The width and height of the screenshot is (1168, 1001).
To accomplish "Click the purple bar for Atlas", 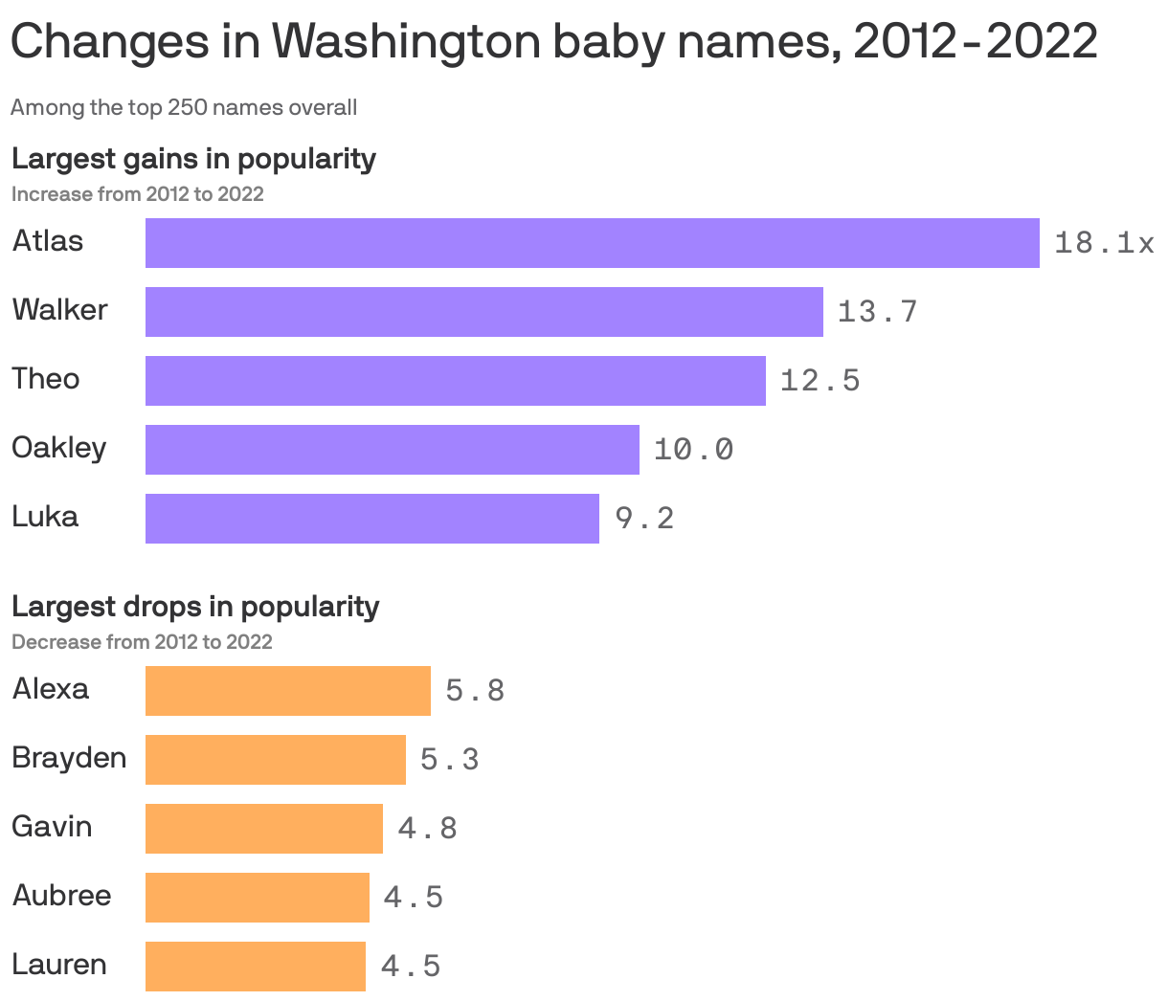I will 592,243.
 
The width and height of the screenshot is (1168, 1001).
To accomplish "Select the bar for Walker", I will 483,312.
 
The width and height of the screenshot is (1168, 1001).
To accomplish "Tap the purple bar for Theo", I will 455,381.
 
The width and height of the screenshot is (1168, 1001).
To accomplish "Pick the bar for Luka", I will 371,519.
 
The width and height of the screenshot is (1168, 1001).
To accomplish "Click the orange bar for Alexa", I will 287,691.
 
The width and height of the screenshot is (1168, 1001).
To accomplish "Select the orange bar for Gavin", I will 263,829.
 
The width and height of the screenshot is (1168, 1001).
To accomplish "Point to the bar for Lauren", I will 255,967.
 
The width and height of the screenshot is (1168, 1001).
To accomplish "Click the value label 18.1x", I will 1104,243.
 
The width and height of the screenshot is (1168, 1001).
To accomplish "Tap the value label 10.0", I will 693,450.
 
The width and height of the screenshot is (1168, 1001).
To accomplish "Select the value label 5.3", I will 449,760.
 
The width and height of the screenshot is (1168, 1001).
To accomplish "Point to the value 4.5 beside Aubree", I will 413,898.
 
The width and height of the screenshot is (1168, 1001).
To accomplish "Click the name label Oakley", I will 59,448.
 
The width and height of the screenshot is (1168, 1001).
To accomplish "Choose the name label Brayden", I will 69,758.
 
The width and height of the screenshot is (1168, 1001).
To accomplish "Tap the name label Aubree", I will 62,896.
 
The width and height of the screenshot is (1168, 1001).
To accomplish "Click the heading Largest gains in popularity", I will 193,158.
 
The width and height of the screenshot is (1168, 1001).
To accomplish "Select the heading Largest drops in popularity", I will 195,606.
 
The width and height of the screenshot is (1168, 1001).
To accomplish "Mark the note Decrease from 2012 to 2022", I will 142,642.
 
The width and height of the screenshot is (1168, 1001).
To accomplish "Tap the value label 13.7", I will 877,312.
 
